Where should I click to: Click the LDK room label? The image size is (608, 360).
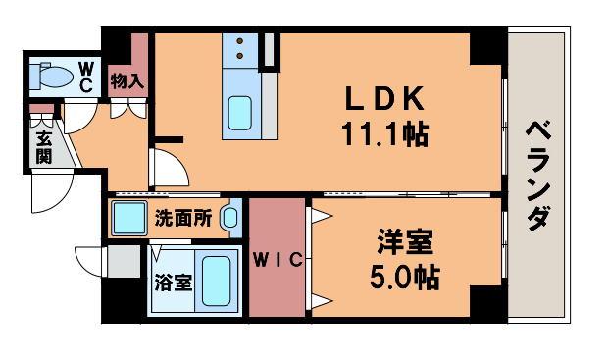click(383, 99)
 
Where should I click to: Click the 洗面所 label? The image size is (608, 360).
click(182, 218)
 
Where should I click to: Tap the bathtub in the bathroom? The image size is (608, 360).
click(216, 280)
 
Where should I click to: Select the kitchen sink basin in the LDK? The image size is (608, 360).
click(240, 114)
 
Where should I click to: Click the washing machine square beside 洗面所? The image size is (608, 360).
click(128, 218)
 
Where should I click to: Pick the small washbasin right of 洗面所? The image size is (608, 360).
click(230, 218)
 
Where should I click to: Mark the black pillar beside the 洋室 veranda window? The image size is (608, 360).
click(486, 303)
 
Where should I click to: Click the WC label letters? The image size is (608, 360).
click(86, 77)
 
